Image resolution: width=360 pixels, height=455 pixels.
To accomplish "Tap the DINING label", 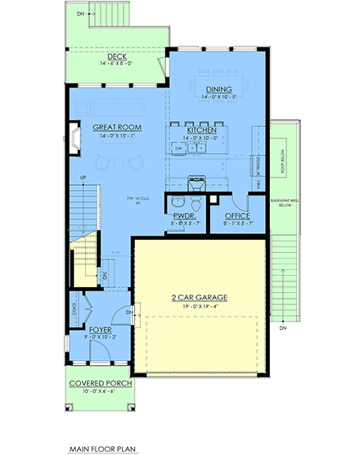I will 218,89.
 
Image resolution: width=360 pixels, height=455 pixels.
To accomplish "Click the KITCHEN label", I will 200,131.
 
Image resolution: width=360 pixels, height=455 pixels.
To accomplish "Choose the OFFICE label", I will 236,216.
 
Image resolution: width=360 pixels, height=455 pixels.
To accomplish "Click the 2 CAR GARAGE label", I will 200,298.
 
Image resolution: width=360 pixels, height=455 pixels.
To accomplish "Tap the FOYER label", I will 101,330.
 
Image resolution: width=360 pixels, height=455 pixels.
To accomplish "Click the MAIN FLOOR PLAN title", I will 102,448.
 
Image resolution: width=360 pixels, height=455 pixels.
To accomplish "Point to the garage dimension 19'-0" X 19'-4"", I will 200,308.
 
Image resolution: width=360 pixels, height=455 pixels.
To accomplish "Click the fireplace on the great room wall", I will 74,138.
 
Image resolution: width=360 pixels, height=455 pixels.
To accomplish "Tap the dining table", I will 218,80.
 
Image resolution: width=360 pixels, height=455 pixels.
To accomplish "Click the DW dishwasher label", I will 178,148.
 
